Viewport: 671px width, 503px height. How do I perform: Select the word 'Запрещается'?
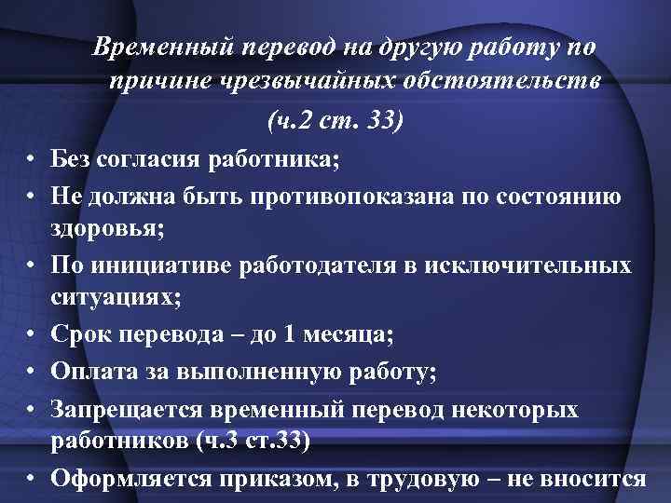(x=121, y=412)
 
